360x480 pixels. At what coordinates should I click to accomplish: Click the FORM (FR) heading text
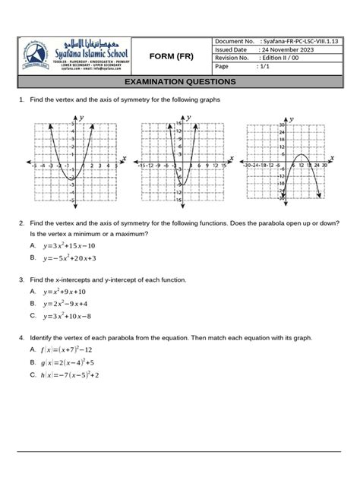(174, 57)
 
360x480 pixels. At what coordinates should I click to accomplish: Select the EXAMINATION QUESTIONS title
(179, 81)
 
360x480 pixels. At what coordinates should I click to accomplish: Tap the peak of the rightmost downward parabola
(301, 156)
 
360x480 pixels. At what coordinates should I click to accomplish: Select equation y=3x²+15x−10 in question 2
(70, 246)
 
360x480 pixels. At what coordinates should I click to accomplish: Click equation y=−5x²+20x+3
(71, 257)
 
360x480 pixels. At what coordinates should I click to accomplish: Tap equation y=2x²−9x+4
(67, 303)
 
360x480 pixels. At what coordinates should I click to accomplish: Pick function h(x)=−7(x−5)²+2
(74, 374)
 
